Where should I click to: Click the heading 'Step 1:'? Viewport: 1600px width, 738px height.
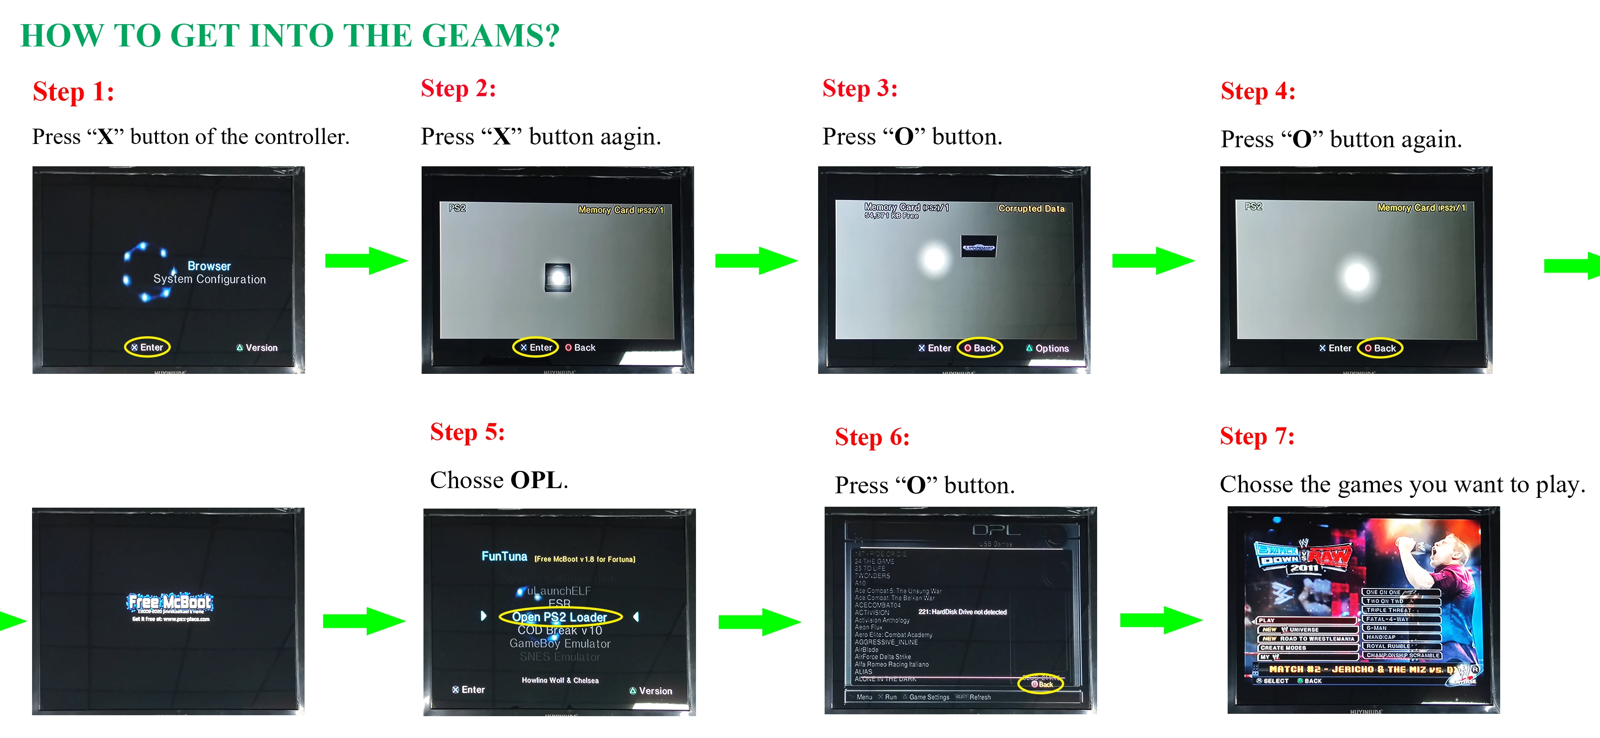tap(73, 92)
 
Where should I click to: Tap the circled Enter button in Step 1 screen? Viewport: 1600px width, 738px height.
tap(147, 347)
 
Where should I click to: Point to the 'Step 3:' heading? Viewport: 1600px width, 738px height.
tap(859, 89)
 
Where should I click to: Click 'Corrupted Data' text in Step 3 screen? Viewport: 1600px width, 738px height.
tap(1031, 209)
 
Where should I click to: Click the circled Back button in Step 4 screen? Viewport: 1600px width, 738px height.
tap(1380, 348)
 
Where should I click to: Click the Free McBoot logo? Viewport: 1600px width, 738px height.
tap(169, 602)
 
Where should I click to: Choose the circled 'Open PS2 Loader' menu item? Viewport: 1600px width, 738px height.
tap(559, 617)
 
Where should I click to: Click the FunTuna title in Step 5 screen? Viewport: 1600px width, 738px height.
tap(504, 556)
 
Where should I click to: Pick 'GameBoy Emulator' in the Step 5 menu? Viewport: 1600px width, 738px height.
tap(559, 644)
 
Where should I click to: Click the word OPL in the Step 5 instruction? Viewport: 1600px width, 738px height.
tap(536, 480)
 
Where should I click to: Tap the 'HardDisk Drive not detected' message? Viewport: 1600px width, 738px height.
tap(962, 612)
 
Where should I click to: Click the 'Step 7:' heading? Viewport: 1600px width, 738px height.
tap(1256, 437)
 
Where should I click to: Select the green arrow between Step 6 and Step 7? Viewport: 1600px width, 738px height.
tap(1161, 620)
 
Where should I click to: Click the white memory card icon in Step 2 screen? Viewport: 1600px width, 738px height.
tap(558, 277)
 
